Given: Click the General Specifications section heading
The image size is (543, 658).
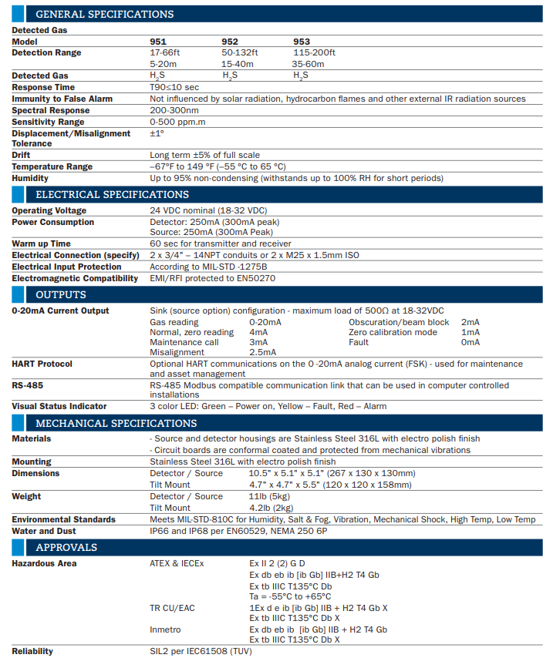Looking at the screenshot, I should tap(104, 14).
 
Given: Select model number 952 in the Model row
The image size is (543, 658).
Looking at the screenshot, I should tap(230, 42).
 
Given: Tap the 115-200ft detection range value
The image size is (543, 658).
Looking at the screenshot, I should tap(314, 53).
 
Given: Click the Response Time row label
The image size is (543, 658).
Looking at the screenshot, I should tap(43, 88).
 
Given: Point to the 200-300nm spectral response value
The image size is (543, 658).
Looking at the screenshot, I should tap(174, 110).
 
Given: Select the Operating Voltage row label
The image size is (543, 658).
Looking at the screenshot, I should tap(49, 211).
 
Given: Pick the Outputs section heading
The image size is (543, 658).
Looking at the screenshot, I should tap(61, 294).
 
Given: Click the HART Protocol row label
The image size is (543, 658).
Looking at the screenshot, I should tap(42, 364).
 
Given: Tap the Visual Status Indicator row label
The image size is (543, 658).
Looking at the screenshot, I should tap(59, 406).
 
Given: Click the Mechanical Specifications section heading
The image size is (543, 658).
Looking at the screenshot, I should tap(116, 423).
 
